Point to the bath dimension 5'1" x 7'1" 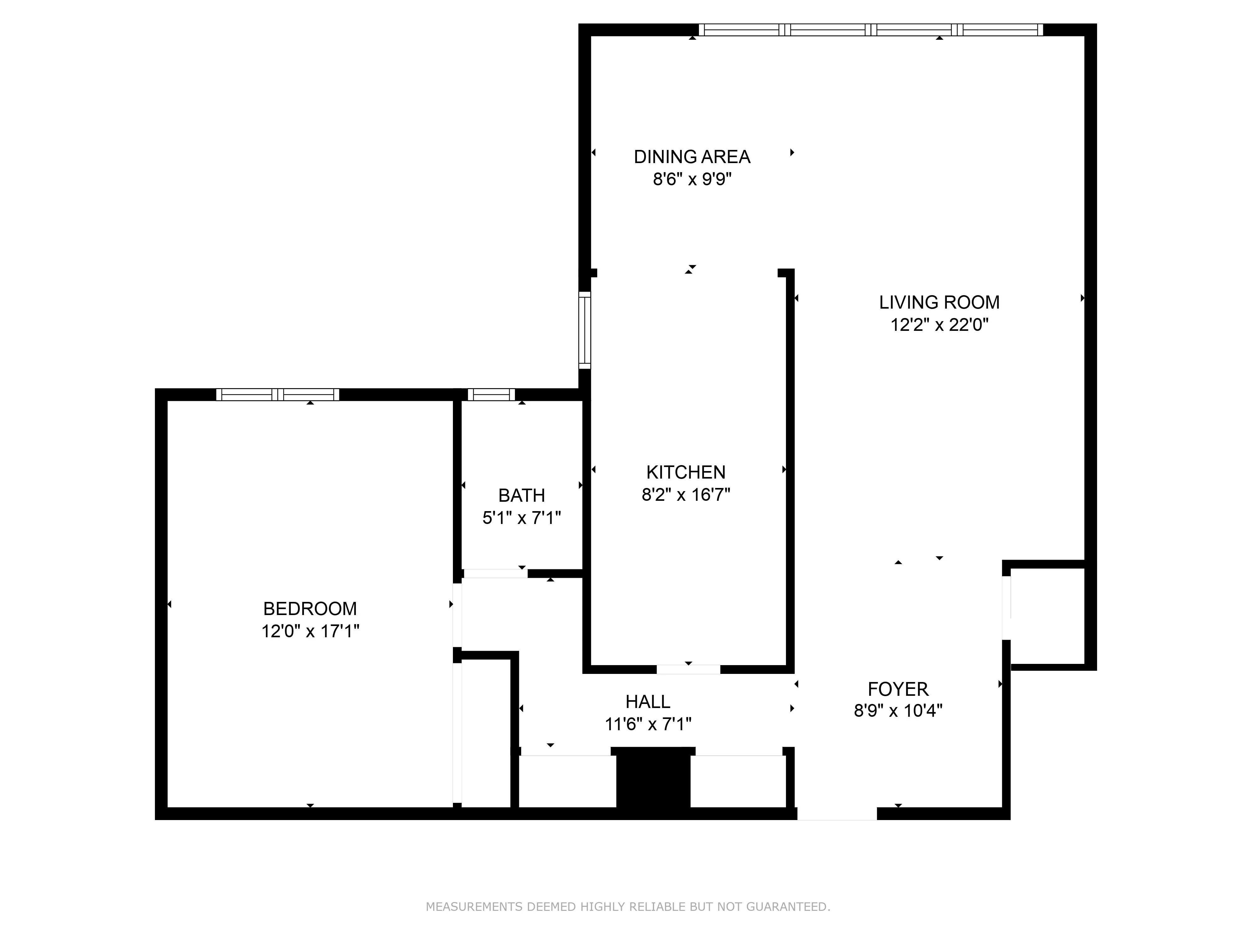tap(521, 518)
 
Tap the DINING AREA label tap(692, 157)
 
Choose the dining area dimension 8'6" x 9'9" tap(692, 179)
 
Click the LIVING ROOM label tap(939, 302)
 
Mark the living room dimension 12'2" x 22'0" tap(939, 325)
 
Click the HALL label tap(648, 702)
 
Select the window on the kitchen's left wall tap(584, 330)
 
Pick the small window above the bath tap(491, 394)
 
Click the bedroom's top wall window tap(277, 394)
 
